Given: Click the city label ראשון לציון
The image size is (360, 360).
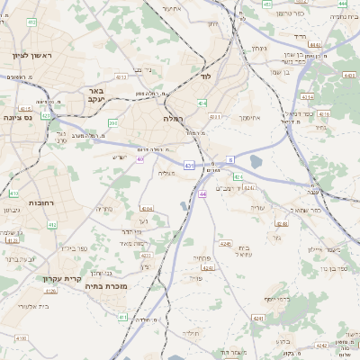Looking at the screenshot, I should click(x=33, y=56).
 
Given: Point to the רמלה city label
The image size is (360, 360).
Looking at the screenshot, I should click(x=174, y=119).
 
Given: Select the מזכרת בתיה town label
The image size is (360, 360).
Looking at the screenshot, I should click(x=111, y=286).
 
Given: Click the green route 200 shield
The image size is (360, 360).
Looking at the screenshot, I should click(x=112, y=122).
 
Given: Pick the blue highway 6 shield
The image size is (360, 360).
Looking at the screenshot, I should click(x=230, y=159).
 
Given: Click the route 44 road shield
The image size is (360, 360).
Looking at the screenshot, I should click(x=202, y=193).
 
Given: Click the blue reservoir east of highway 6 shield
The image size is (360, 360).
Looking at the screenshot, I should click(x=256, y=162).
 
